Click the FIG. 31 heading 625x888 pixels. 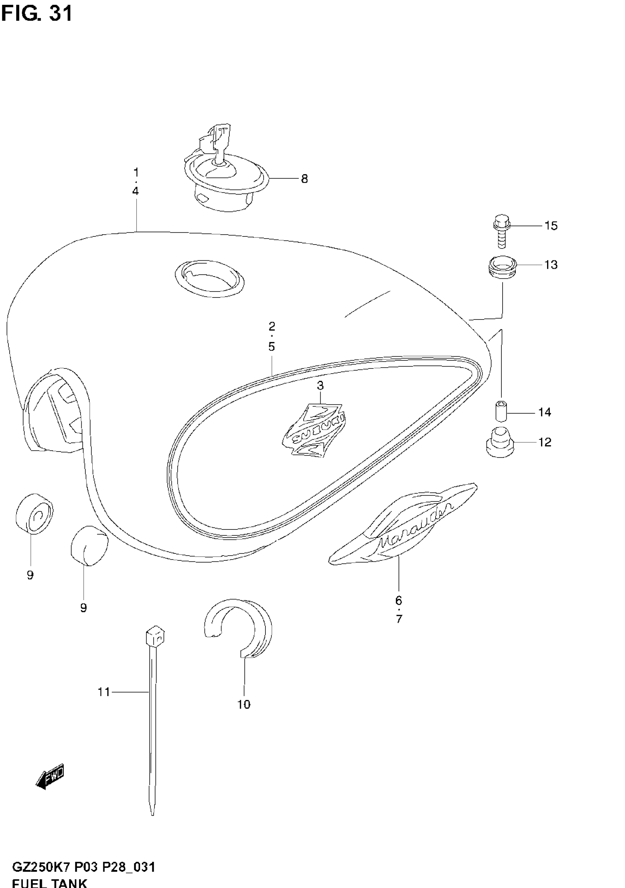(x=37, y=14)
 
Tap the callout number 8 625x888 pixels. (x=304, y=179)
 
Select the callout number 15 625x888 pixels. (x=551, y=225)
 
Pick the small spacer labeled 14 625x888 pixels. (x=501, y=411)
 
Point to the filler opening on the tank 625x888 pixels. (x=209, y=278)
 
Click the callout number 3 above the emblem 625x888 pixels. (x=320, y=386)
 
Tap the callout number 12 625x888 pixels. (x=544, y=442)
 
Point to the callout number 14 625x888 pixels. (x=544, y=412)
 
